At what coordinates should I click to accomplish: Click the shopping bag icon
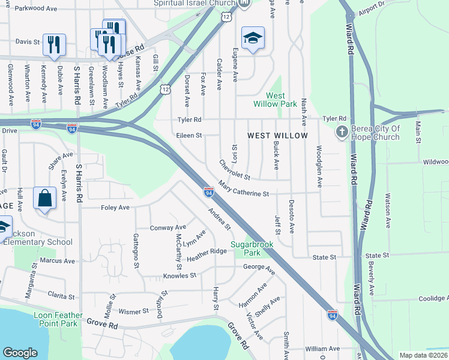tap(45, 199)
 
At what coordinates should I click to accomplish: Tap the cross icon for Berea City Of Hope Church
tap(342, 132)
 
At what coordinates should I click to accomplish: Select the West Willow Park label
tap(282, 100)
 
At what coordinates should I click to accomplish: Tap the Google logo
tap(20, 353)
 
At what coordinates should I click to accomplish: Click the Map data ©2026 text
tap(423, 355)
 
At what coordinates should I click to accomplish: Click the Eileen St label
tap(189, 136)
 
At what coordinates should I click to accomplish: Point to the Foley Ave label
tap(115, 208)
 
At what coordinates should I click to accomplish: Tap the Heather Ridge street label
tap(206, 254)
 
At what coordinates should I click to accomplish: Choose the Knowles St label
tap(180, 276)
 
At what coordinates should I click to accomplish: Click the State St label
tap(325, 257)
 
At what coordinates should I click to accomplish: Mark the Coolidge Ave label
tap(433, 298)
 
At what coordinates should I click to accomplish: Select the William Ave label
tap(322, 349)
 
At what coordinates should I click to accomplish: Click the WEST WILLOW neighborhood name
tap(278, 136)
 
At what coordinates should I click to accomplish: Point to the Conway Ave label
tap(167, 228)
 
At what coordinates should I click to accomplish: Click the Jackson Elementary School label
tap(36, 238)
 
